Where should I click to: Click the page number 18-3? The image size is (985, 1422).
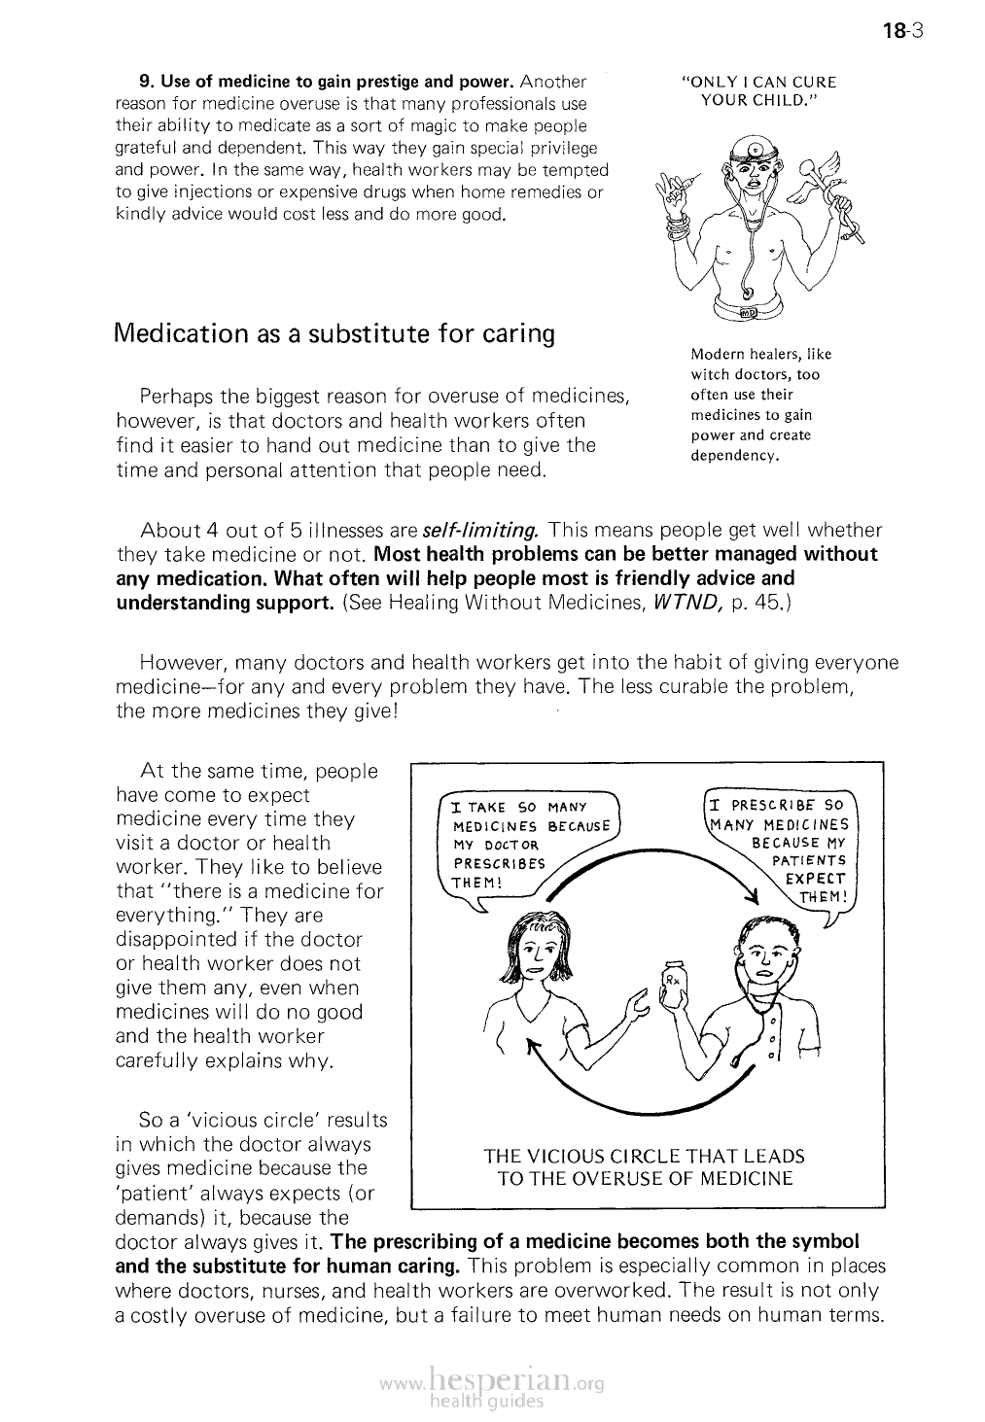click(901, 30)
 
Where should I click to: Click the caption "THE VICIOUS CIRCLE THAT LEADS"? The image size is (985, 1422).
click(645, 1157)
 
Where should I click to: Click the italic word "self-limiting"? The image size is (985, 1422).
click(480, 531)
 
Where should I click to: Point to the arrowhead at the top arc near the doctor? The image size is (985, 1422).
click(750, 895)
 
